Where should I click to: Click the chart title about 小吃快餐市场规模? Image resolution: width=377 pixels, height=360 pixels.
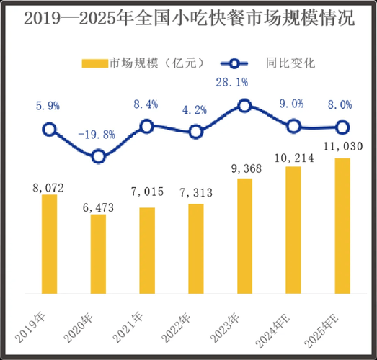coord(189,19)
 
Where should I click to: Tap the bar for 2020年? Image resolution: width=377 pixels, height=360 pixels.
coord(98,253)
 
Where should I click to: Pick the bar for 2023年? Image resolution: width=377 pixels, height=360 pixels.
coord(244,235)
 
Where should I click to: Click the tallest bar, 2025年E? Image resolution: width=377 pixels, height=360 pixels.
coord(342,225)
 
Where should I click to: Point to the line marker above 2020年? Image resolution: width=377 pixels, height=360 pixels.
coord(99,156)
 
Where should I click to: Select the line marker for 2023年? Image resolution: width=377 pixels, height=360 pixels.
coord(244,106)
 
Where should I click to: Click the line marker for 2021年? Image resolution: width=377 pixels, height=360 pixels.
coord(146,126)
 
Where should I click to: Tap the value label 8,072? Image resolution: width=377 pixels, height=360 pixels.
coord(49,188)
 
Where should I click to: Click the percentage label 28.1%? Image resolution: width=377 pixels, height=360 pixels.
coord(244,82)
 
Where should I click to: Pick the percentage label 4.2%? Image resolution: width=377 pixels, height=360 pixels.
coord(195,109)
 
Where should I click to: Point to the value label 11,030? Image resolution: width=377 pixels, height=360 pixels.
coord(342,146)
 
